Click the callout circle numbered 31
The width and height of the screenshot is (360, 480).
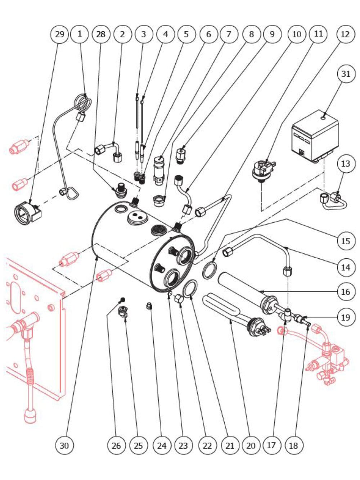346,74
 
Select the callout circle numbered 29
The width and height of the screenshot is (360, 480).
59,34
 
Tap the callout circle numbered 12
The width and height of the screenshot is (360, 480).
345,34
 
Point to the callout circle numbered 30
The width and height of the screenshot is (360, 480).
64,445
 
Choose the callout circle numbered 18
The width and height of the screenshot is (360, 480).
293,445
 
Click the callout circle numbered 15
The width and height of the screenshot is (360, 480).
346,241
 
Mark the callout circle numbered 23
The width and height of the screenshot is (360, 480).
183,445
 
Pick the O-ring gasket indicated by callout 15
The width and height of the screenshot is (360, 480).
210,271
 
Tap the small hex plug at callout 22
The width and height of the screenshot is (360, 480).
179,299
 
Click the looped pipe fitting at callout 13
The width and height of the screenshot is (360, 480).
333,201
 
